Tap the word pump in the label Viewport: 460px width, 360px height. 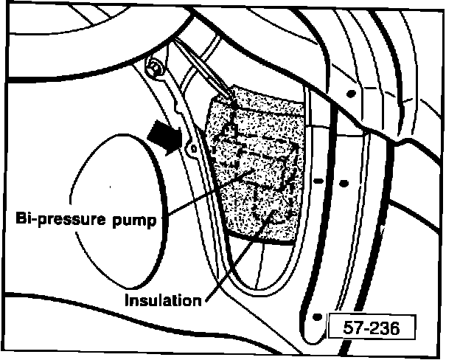tap(139, 221)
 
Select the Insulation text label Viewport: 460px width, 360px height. tap(162, 301)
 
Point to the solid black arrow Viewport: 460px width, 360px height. tap(164, 137)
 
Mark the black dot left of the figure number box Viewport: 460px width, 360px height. tap(316, 316)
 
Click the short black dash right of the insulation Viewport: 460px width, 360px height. tap(318, 180)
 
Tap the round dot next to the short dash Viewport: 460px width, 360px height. tap(344, 180)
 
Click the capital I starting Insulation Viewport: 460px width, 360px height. tap(127, 301)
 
